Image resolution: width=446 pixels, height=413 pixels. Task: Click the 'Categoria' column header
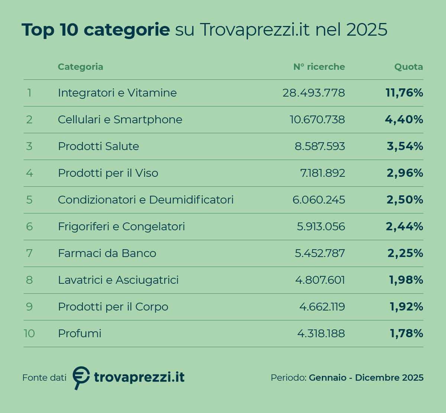(x=80, y=67)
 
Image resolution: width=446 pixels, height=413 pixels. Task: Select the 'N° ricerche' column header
(x=319, y=67)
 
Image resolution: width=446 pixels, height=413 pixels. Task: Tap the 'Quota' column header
(x=408, y=67)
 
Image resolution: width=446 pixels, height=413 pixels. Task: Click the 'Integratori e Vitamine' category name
(x=117, y=92)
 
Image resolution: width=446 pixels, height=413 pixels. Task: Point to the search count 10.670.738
(x=317, y=120)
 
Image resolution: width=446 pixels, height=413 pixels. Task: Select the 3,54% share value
(x=405, y=146)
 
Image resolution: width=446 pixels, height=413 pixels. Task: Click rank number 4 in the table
(x=29, y=173)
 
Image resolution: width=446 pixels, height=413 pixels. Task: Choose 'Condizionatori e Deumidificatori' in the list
(x=146, y=200)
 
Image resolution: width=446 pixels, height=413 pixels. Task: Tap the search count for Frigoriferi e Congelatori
(x=321, y=227)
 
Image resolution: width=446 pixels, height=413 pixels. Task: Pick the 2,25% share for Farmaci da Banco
(x=405, y=253)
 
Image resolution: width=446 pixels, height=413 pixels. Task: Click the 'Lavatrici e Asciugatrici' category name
(x=118, y=280)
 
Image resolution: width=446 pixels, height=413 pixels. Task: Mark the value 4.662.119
(x=322, y=307)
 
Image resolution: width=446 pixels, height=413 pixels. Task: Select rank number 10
(x=29, y=334)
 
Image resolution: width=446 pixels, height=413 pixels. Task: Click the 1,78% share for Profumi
(x=406, y=334)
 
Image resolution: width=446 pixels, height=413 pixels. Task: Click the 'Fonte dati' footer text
(x=44, y=378)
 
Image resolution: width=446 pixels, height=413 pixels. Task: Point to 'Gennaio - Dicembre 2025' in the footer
(x=366, y=378)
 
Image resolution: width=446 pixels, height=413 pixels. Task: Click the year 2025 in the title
(x=367, y=30)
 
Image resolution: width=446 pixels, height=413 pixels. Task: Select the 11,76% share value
(x=404, y=93)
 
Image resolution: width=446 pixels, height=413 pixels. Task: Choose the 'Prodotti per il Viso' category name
(x=108, y=173)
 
